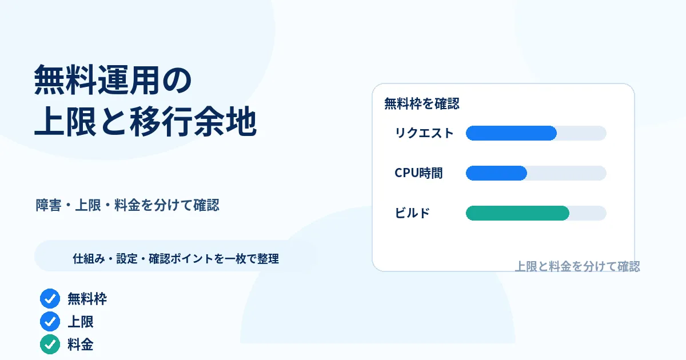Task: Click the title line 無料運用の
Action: click(113, 80)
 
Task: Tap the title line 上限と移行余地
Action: click(145, 121)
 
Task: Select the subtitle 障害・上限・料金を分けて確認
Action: click(127, 205)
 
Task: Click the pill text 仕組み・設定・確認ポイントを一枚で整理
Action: click(176, 259)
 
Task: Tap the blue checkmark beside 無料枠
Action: click(50, 298)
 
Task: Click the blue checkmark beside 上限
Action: click(50, 321)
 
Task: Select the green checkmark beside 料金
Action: click(50, 345)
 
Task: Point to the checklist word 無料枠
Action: click(87, 299)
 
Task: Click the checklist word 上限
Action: click(80, 322)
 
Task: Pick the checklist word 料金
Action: click(80, 345)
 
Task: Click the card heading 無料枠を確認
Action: click(422, 103)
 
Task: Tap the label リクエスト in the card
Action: click(424, 133)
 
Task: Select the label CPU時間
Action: click(418, 173)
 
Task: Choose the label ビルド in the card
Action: click(412, 213)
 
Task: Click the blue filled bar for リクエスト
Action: click(511, 133)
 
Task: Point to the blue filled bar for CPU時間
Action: click(496, 173)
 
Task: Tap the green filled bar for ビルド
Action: click(517, 213)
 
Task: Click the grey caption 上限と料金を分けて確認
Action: click(577, 266)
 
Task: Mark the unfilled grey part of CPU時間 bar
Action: click(567, 173)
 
